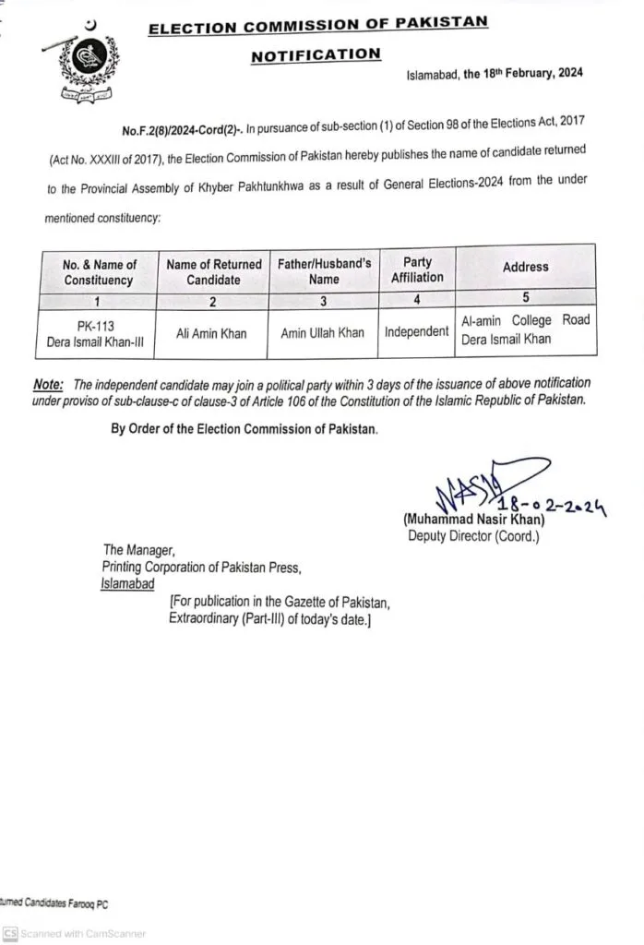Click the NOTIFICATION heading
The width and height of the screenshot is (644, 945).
(x=316, y=55)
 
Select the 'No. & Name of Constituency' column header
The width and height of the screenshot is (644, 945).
(x=99, y=272)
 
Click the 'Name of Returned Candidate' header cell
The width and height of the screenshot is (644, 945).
(x=214, y=272)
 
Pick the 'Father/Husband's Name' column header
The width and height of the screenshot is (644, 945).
(x=325, y=271)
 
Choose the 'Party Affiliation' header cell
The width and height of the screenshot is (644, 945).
(x=417, y=269)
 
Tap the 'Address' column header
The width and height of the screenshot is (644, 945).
(x=526, y=267)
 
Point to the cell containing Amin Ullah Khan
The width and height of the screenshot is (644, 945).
(x=323, y=333)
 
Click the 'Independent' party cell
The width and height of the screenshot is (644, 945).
(x=417, y=331)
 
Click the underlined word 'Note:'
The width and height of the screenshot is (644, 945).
(x=49, y=383)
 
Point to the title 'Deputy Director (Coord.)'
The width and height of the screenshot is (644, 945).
(x=473, y=536)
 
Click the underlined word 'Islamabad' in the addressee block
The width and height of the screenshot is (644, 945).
(x=128, y=584)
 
